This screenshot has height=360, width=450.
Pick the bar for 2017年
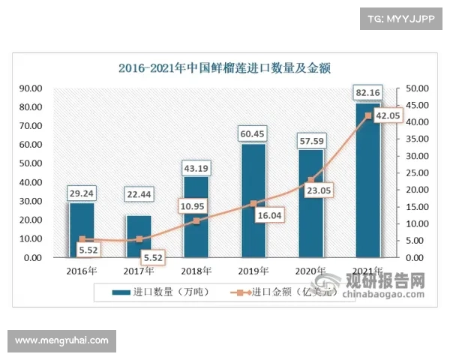[139, 237]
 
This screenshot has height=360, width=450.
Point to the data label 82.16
[368, 92]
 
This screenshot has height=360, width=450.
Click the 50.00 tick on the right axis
[417, 88]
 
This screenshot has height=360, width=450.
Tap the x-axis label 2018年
[196, 271]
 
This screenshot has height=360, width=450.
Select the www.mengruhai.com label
[61, 340]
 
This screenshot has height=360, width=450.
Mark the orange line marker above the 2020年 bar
[310, 180]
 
